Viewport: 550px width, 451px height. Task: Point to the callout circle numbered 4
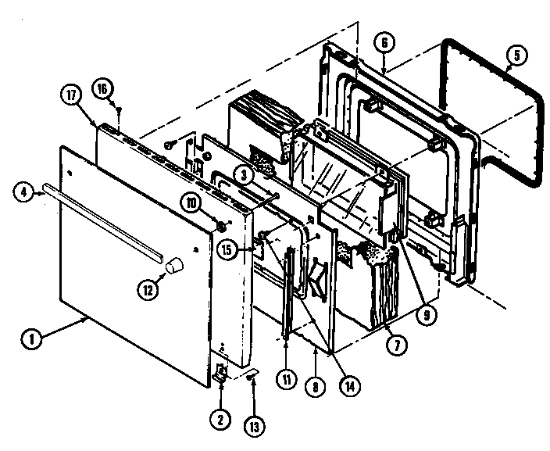pyautogui.click(x=25, y=190)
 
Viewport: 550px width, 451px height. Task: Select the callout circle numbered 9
pyautogui.click(x=425, y=316)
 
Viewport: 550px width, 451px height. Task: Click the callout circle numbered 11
pyautogui.click(x=287, y=380)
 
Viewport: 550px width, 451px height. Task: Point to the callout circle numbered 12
pyautogui.click(x=148, y=288)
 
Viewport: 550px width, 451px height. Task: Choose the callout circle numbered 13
pyautogui.click(x=253, y=426)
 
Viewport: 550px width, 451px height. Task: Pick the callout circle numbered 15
pyautogui.click(x=227, y=251)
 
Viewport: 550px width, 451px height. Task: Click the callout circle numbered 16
pyautogui.click(x=102, y=88)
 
